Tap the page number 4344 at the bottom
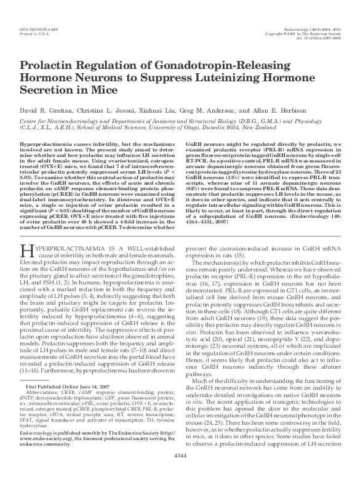180,472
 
